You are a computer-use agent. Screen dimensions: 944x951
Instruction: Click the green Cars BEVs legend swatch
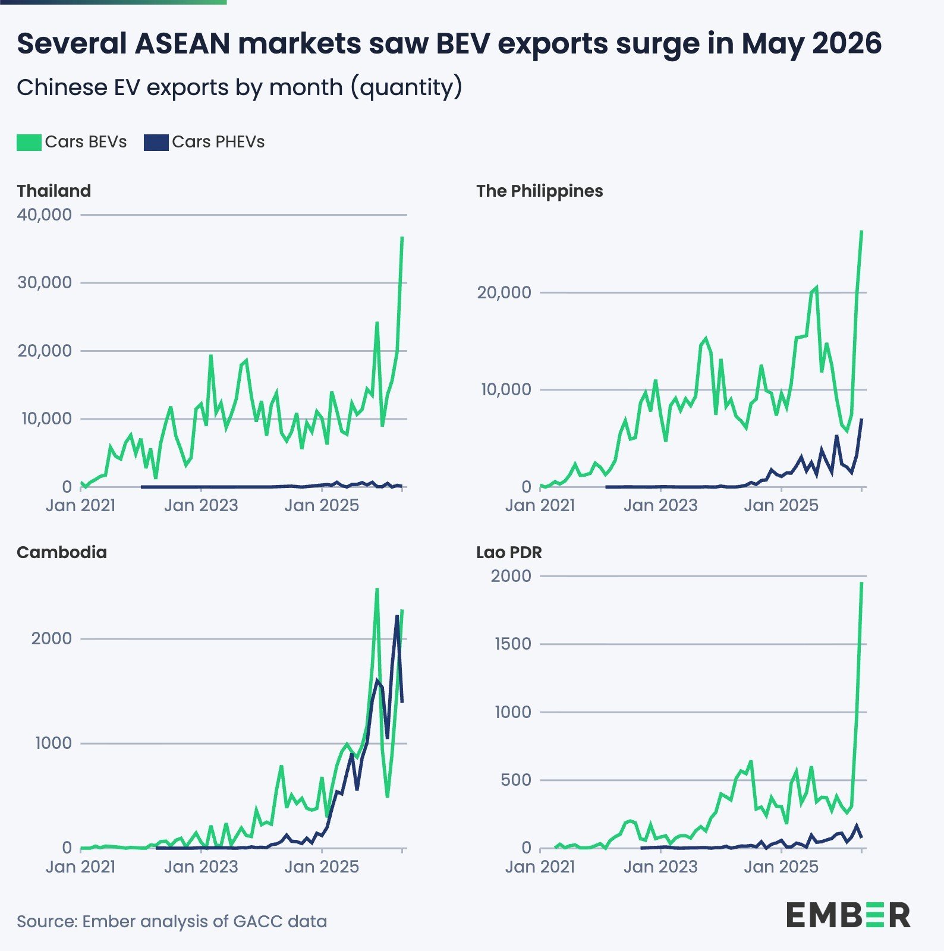[x=29, y=142]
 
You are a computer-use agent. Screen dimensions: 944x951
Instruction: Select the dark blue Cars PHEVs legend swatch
[x=156, y=142]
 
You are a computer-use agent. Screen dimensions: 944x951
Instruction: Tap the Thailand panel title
[x=54, y=191]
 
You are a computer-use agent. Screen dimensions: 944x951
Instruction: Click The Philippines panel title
[x=540, y=191]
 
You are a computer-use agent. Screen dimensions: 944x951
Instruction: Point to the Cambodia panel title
[x=62, y=552]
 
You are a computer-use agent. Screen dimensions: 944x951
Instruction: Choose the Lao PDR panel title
[x=509, y=552]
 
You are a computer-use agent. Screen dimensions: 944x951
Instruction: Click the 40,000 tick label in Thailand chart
[x=45, y=215]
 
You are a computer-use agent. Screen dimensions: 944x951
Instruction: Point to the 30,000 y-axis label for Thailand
[x=45, y=282]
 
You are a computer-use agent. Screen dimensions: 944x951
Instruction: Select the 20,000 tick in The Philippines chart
[x=504, y=292]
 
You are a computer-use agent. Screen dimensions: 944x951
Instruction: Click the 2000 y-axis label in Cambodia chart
[x=51, y=638]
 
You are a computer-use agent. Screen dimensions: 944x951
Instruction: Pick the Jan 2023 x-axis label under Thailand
[x=201, y=505]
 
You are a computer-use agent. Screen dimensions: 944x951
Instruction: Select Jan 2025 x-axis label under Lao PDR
[x=781, y=867]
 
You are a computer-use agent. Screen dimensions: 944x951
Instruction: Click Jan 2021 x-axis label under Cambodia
[x=80, y=867]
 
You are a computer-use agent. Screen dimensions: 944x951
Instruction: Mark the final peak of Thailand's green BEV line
[x=402, y=237]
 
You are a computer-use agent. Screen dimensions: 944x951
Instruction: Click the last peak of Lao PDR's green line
[x=862, y=582]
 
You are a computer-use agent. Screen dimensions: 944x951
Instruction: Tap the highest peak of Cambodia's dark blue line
[x=397, y=616]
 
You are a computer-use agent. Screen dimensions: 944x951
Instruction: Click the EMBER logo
[x=848, y=915]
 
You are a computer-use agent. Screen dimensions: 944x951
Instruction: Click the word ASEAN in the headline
[x=182, y=43]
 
